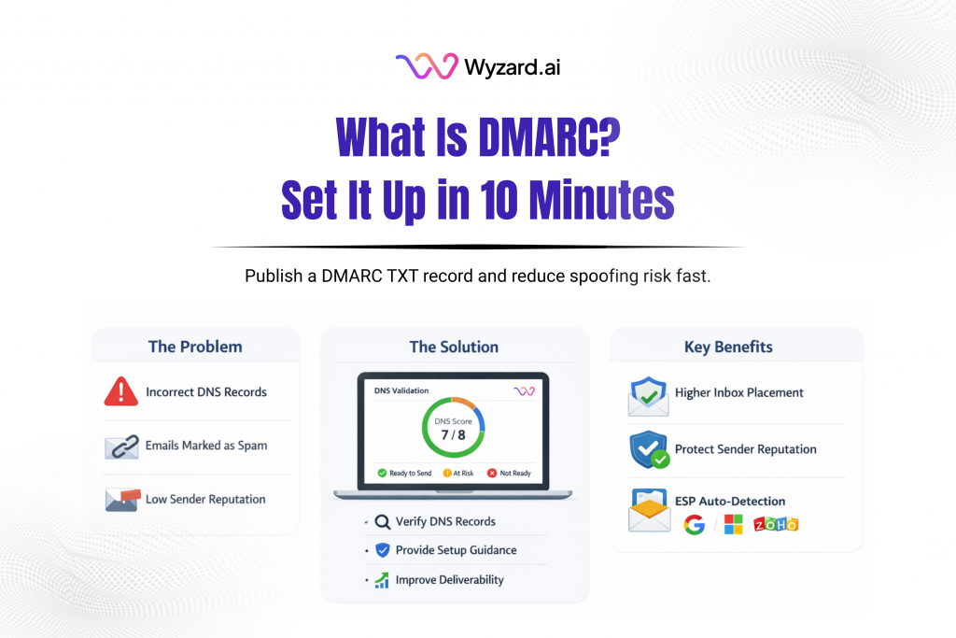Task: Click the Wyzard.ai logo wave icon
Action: (x=426, y=66)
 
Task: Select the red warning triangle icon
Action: (x=121, y=392)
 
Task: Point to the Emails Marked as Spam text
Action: (x=206, y=446)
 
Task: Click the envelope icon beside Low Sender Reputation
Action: (x=121, y=500)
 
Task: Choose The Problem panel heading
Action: (x=195, y=347)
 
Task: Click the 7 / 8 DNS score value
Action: (x=454, y=434)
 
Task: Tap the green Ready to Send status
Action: (x=405, y=474)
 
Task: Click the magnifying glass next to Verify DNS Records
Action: (x=382, y=522)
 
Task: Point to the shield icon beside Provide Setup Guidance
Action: (x=382, y=551)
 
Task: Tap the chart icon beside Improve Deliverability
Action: (x=382, y=580)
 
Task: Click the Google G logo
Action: (x=694, y=525)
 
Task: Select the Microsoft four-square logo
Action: (x=734, y=525)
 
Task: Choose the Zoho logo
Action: (x=777, y=525)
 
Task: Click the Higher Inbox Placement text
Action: (x=739, y=393)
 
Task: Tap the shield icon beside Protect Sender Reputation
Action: (x=648, y=449)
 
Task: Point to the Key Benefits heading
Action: (x=729, y=347)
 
